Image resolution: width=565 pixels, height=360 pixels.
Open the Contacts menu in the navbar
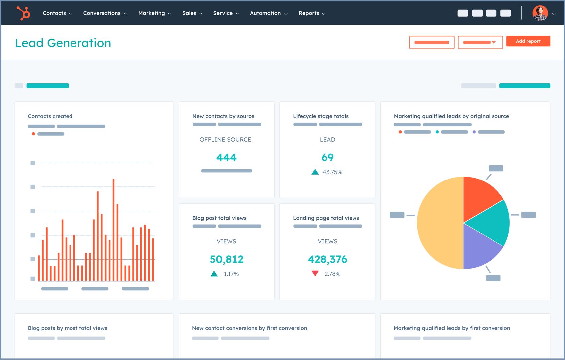57,13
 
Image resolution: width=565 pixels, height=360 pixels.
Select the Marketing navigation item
154,13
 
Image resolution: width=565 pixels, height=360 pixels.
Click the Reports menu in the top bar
312,13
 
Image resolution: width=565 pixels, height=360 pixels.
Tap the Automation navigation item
268,13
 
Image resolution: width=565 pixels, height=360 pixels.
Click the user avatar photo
540,13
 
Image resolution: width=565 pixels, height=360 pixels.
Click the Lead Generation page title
63,43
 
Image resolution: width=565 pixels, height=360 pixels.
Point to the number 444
226,157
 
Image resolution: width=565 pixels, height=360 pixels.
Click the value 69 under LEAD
327,157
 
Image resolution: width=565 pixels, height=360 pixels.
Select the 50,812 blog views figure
226,259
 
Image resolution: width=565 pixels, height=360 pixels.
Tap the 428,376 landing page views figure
327,259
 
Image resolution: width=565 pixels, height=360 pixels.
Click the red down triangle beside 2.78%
315,273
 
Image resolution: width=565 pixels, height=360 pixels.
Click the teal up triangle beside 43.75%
315,172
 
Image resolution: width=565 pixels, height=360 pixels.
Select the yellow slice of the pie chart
439,223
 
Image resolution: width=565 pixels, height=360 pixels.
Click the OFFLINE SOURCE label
225,140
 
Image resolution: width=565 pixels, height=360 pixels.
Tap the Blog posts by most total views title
68,328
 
